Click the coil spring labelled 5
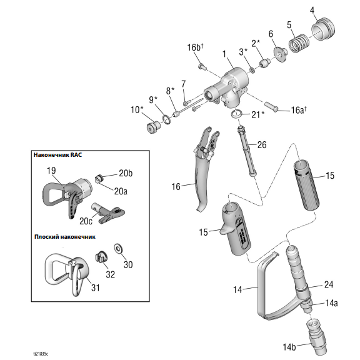click(299, 44)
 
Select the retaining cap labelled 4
click(322, 29)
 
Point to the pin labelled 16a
click(271, 107)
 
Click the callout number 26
click(262, 145)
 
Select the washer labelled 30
click(118, 249)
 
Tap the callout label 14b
click(289, 347)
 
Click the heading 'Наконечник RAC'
click(57, 155)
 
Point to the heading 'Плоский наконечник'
click(65, 237)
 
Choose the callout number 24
click(329, 285)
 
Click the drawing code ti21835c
click(41, 354)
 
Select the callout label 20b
click(126, 173)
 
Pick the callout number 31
click(96, 287)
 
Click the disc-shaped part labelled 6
click(280, 54)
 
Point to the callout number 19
click(51, 171)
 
